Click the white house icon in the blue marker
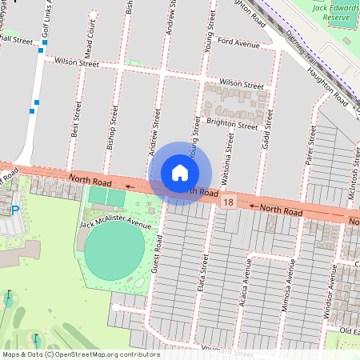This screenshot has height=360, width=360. (x=180, y=172)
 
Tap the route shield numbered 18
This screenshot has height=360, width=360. (x=229, y=204)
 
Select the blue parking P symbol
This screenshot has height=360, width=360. (x=14, y=210)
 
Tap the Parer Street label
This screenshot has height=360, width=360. (x=310, y=146)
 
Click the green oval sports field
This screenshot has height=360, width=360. (x=114, y=251)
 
